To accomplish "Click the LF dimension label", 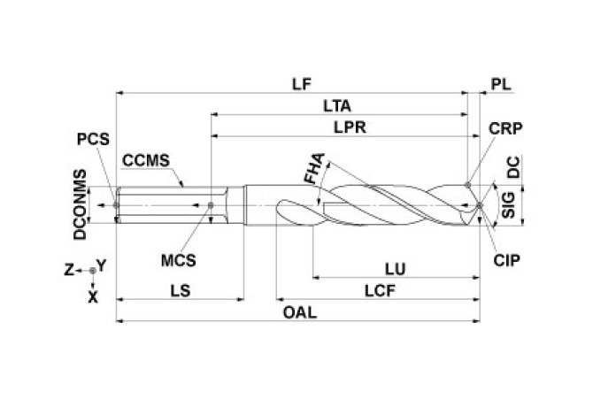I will (302, 84).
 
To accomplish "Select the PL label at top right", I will (501, 84).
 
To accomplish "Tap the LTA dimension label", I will (336, 106).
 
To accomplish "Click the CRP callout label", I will (505, 127).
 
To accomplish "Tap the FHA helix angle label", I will (313, 169).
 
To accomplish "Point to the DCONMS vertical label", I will (80, 205).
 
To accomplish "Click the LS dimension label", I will (180, 289).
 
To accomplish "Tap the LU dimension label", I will (396, 267).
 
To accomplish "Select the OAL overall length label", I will (301, 313).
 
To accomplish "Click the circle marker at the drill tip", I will (479, 205).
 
